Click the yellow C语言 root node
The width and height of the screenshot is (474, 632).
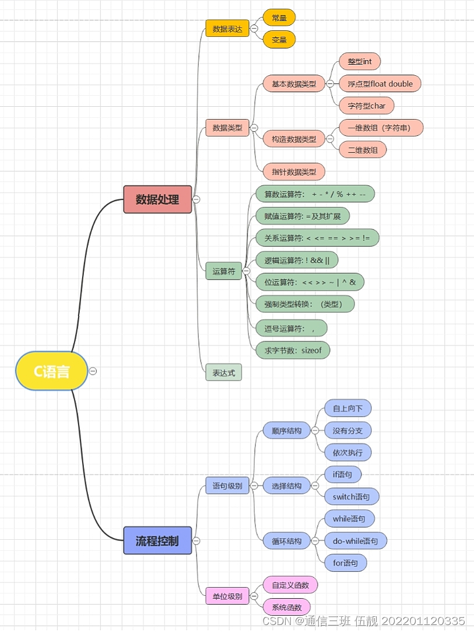[51, 371]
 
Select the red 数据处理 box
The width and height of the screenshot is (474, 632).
[157, 199]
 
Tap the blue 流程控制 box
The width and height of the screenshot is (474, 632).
[157, 540]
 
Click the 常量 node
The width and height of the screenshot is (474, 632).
[279, 18]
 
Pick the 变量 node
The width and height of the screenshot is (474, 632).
[279, 40]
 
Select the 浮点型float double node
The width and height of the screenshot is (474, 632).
[380, 83]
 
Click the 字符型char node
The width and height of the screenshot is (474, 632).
[367, 106]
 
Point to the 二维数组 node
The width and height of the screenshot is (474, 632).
[363, 150]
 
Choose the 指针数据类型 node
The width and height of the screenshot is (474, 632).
[294, 172]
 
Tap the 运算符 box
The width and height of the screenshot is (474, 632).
[223, 271]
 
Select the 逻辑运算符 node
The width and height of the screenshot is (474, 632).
[297, 260]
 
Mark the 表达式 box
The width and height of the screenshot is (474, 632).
[223, 372]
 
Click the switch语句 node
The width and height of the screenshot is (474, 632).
[352, 497]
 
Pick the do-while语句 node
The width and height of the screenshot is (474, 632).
[356, 541]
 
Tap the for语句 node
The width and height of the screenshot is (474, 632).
[346, 563]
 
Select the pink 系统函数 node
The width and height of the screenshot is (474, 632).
[286, 607]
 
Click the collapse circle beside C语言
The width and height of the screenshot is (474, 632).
[93, 371]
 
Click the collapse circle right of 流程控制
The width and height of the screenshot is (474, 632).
[196, 541]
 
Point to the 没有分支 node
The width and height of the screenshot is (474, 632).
[347, 431]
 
